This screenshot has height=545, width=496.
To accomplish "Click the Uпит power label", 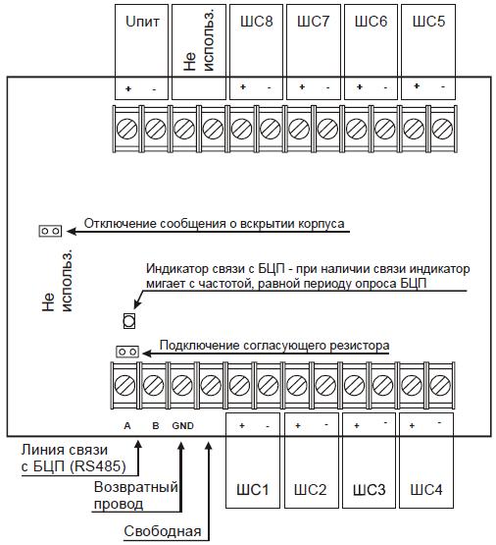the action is pos(142,22).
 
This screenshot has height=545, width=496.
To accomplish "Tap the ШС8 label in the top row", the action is pos(257,22).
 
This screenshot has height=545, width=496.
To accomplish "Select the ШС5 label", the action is pos(428,22).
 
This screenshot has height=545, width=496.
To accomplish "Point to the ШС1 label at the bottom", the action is pos(253,489).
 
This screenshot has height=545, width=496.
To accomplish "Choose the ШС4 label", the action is pos(426,489).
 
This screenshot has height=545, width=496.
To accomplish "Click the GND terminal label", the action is pos(182,426).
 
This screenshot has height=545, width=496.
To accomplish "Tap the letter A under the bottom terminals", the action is pos(127,426).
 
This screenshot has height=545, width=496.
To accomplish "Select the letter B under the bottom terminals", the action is pos(156,426).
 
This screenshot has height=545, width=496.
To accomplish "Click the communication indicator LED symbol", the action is pos(129,320).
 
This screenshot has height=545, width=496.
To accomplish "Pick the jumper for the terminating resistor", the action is pos(127,352).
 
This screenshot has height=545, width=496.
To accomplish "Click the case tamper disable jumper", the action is pos(50,231).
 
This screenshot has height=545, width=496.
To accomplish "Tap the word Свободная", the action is pos(163,531).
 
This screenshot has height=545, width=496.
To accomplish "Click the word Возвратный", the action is pos(136,487).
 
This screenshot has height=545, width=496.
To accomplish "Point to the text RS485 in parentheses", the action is pos(98,466).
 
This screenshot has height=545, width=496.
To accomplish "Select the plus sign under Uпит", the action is pos(128,88).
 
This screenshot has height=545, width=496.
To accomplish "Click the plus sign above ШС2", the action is pos(298,425).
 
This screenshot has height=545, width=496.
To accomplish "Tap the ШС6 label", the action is pos(371,22).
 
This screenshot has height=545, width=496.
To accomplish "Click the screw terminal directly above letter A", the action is pos(124,386).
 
